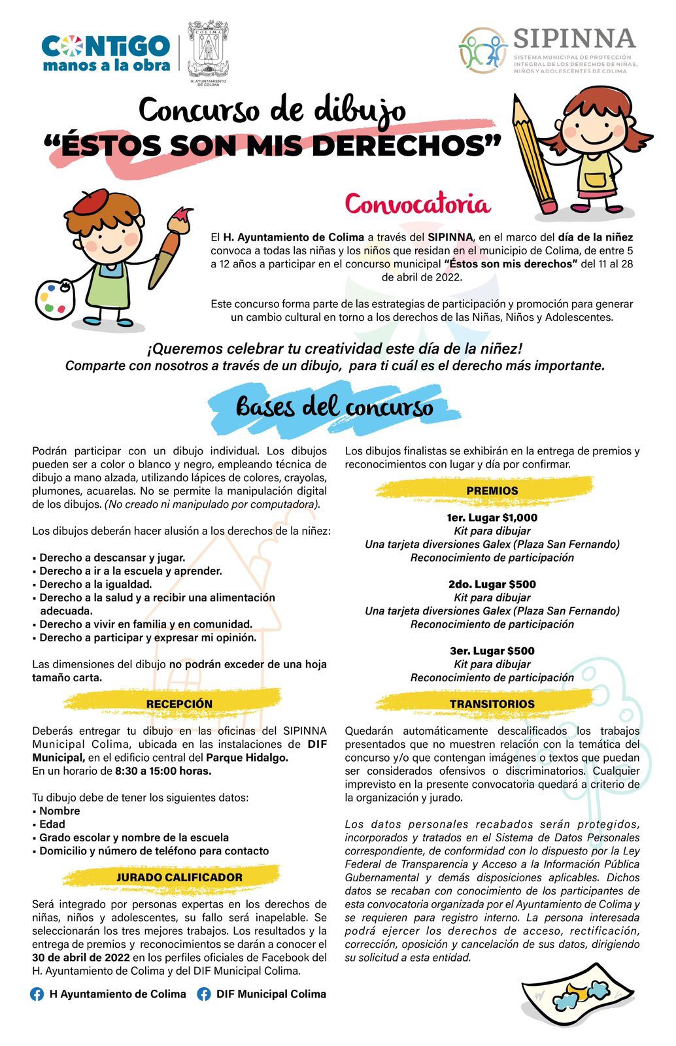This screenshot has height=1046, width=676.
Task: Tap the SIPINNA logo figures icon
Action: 483,50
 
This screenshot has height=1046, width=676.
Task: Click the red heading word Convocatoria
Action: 417,205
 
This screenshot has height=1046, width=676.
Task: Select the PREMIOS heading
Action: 492,490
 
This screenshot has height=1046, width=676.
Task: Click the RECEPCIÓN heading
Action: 179,703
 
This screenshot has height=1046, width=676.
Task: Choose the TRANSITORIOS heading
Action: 492,703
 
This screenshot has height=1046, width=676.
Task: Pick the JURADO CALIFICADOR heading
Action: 179,877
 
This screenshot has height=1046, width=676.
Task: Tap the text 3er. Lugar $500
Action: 492,650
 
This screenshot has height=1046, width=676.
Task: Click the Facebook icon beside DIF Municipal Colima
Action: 204,994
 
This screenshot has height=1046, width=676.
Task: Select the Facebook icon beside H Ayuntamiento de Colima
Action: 37,994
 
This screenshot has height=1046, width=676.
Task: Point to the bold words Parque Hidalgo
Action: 247,758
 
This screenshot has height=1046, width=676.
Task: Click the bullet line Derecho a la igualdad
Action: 95,584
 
